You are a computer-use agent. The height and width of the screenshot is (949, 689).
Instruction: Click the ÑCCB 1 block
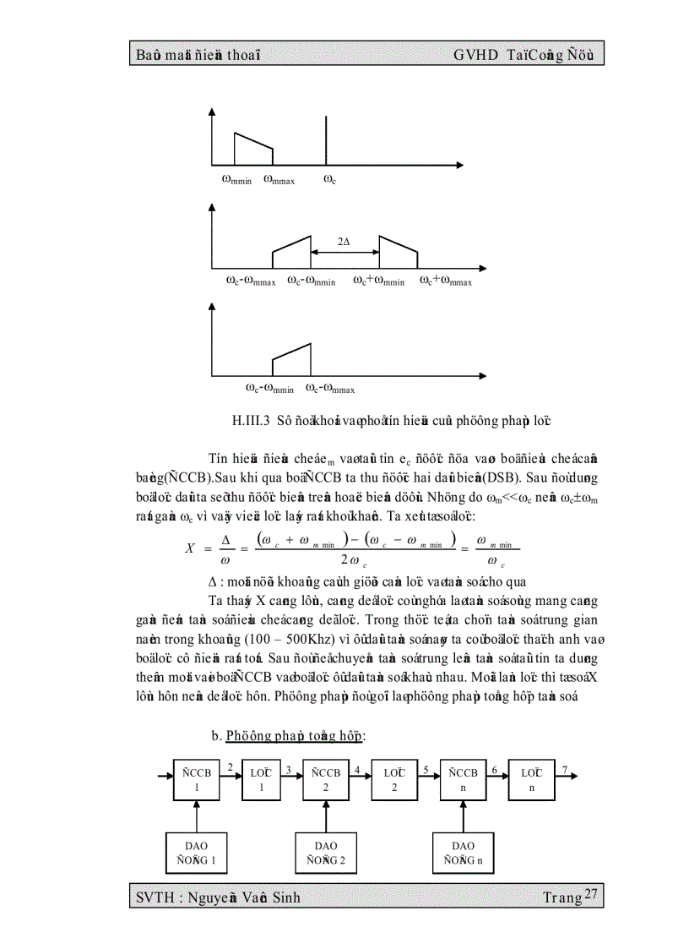pyautogui.click(x=196, y=779)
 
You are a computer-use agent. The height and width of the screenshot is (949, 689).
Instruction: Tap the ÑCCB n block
pyautogui.click(x=463, y=779)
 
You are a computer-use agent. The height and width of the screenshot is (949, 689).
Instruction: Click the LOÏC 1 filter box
pyautogui.click(x=262, y=779)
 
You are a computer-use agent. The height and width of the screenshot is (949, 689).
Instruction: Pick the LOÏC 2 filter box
pyautogui.click(x=394, y=779)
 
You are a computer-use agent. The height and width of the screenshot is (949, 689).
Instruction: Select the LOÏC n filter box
pyautogui.click(x=531, y=779)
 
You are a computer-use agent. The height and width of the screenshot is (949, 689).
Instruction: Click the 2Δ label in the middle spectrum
pyautogui.click(x=344, y=242)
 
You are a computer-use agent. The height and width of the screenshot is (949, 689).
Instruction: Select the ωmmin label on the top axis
pyautogui.click(x=236, y=179)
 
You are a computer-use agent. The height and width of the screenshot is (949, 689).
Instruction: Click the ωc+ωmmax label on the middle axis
pyautogui.click(x=445, y=281)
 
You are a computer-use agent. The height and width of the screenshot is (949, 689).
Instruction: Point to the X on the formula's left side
pyautogui.click(x=190, y=548)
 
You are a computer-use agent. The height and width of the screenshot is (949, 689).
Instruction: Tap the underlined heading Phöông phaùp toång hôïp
pyautogui.click(x=295, y=736)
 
